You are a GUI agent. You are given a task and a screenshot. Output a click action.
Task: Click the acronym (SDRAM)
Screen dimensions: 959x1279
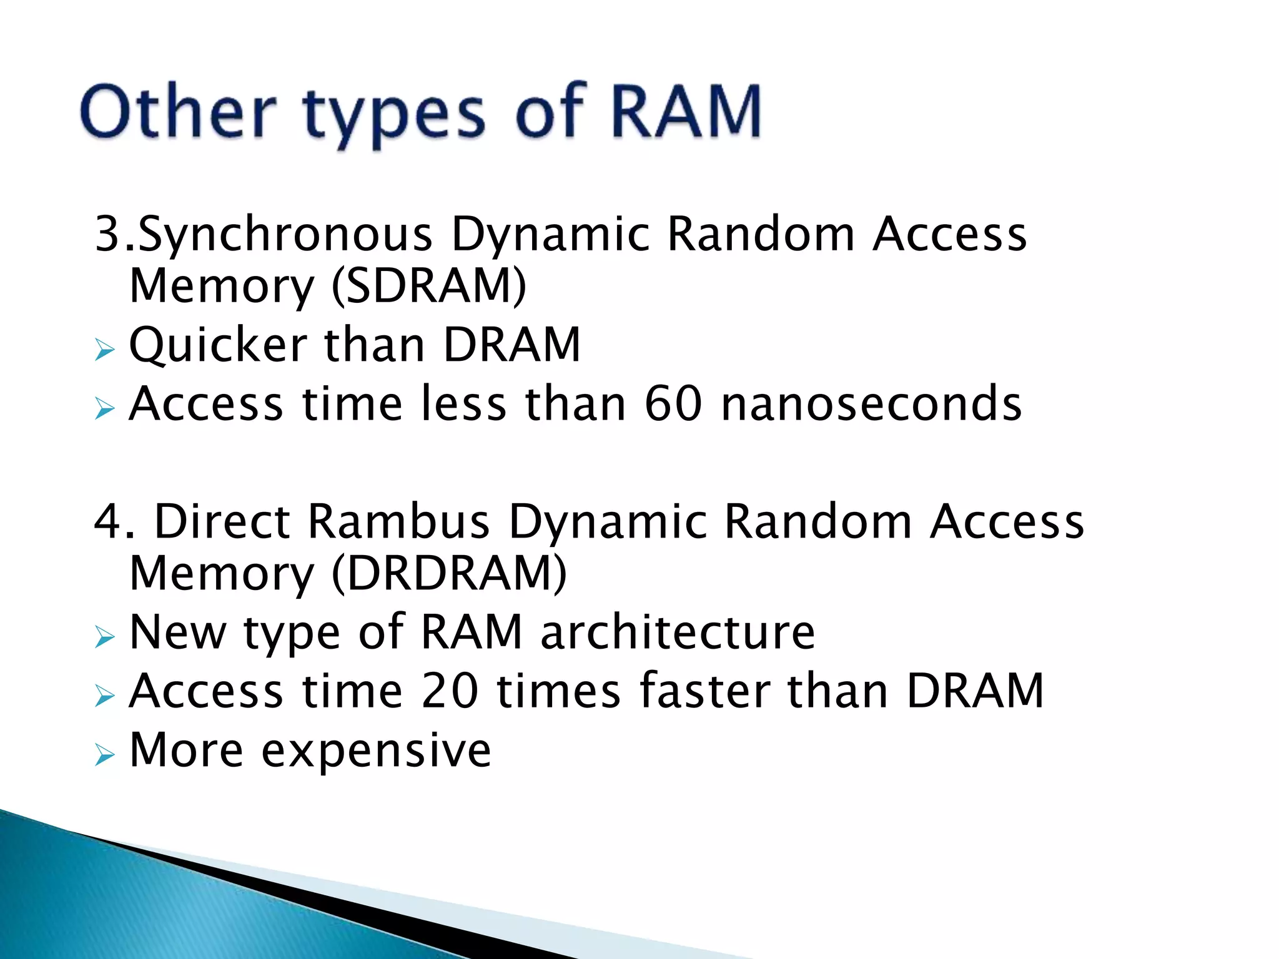click(x=429, y=286)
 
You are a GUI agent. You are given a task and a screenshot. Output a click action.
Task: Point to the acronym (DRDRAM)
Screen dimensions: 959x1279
click(x=449, y=573)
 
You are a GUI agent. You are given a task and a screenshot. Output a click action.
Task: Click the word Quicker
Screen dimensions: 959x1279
click(x=218, y=345)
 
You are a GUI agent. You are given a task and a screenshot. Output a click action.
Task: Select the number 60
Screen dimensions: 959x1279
click(x=673, y=403)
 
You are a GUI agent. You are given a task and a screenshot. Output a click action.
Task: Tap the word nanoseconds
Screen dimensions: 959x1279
click(x=871, y=403)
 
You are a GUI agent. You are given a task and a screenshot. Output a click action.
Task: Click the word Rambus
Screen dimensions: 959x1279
click(x=398, y=522)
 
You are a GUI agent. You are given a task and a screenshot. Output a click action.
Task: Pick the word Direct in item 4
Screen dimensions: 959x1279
click(x=222, y=522)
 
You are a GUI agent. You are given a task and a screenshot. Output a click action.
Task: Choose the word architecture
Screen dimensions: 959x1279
click(x=678, y=632)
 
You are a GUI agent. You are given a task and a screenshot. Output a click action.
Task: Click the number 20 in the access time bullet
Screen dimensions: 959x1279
click(x=450, y=691)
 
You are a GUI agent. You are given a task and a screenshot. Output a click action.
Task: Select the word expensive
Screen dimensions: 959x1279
click(x=376, y=750)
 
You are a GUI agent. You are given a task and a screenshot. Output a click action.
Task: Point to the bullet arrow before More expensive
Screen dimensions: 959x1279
click(x=105, y=755)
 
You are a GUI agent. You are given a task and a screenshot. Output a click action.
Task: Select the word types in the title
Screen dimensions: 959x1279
click(x=394, y=116)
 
